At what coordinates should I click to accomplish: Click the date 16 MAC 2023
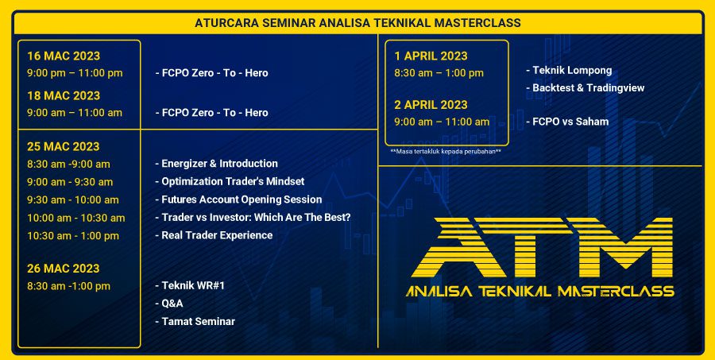(x=64, y=56)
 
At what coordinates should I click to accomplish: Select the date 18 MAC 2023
(x=64, y=96)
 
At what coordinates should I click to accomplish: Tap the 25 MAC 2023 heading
(x=63, y=146)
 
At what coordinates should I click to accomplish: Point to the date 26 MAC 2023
(x=63, y=269)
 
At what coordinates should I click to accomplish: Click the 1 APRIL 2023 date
(x=431, y=56)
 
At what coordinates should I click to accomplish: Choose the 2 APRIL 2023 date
(x=431, y=105)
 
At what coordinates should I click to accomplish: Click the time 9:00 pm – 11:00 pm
(x=75, y=73)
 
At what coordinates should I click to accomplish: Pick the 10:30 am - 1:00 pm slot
(x=73, y=236)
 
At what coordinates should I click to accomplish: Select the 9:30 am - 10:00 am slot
(x=73, y=199)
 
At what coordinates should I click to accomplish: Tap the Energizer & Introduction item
(x=217, y=164)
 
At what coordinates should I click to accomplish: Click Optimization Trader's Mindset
(x=230, y=181)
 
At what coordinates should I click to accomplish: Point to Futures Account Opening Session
(x=238, y=199)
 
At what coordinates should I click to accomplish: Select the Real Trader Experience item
(x=214, y=235)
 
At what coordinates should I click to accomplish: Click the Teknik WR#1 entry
(x=190, y=285)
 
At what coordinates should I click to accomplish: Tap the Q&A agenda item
(x=169, y=304)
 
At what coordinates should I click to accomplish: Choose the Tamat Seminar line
(x=195, y=322)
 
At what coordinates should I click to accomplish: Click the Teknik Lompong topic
(x=569, y=71)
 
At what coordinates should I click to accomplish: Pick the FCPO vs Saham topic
(x=567, y=122)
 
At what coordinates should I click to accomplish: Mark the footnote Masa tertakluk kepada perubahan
(x=446, y=152)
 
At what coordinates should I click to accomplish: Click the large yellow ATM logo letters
(x=542, y=248)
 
